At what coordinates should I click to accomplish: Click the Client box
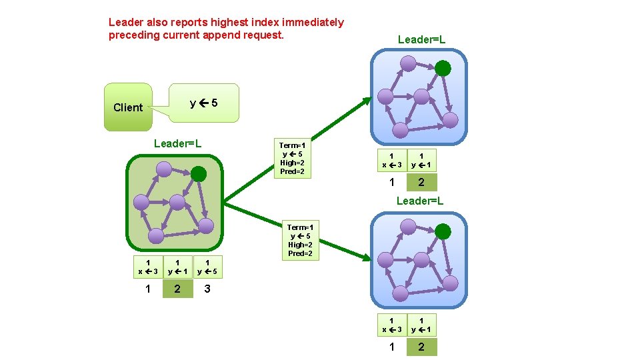128,107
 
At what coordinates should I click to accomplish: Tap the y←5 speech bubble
203,103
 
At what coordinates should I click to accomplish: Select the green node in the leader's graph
199,174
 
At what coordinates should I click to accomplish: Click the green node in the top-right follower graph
443,68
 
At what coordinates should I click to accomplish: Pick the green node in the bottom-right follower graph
443,232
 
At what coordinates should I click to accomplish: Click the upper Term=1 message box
292,158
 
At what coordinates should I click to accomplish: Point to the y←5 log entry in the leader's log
208,267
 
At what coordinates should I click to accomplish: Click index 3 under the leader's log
207,289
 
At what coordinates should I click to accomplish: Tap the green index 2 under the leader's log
177,289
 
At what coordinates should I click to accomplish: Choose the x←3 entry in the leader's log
147,267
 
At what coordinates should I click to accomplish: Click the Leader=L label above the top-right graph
421,40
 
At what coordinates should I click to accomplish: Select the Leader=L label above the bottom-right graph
420,201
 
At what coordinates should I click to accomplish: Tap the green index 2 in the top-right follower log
421,182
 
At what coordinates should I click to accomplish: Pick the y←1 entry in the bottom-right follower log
421,325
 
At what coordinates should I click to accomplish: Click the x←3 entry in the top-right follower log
391,161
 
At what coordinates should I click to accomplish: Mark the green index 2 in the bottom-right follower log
421,347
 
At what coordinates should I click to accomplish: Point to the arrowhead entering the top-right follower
369,101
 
